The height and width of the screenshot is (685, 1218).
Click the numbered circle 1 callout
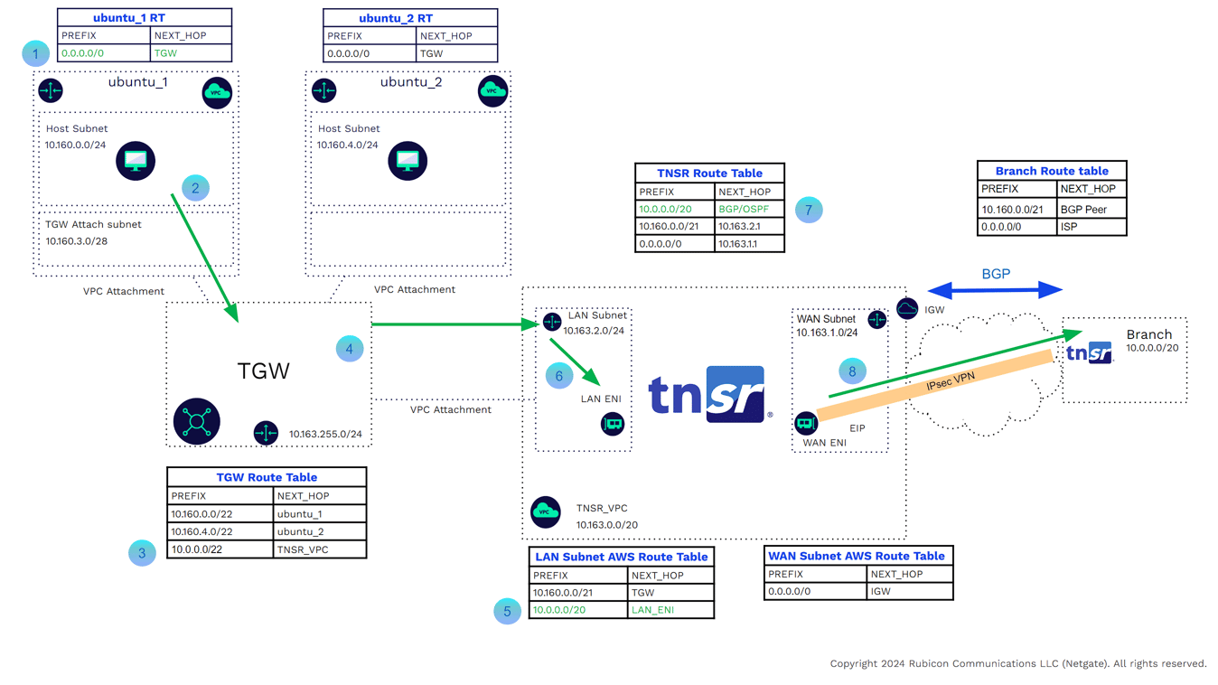[x=35, y=53]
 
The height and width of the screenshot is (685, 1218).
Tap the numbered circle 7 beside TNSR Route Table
[x=809, y=210]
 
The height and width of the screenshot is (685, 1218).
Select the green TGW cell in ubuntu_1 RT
[x=166, y=53]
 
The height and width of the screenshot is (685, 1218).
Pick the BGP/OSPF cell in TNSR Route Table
[x=744, y=209]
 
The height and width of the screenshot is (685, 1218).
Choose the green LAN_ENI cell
[x=652, y=610]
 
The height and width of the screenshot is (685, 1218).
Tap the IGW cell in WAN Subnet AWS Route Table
[x=880, y=591]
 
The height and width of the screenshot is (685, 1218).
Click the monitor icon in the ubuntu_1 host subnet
[x=136, y=161]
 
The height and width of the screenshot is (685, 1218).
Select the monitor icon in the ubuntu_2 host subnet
[x=408, y=161]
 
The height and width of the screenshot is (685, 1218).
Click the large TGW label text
[x=263, y=371]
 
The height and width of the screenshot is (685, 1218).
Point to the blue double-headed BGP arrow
[x=995, y=289]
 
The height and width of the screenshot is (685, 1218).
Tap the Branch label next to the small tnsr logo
[x=1148, y=334]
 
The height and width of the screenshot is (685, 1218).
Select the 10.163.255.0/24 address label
[x=325, y=435]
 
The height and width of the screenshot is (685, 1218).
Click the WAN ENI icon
[x=806, y=423]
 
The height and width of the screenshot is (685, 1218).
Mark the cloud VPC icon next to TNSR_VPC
[x=545, y=511]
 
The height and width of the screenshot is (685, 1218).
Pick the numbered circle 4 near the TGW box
[x=350, y=349]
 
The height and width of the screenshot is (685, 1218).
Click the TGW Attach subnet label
[x=93, y=224]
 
